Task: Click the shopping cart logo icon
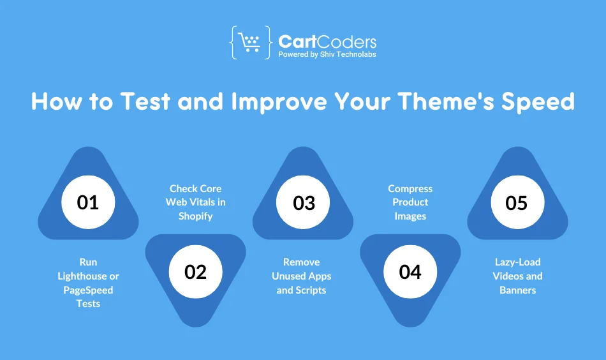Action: tap(249, 43)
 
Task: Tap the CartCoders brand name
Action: tap(327, 42)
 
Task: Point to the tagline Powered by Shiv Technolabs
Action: tap(327, 55)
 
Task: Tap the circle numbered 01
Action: tap(88, 202)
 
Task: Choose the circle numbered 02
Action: tap(195, 271)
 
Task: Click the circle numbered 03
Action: tap(304, 202)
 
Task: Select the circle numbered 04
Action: tap(410, 271)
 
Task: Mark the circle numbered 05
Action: tap(517, 202)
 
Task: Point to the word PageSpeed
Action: tap(88, 290)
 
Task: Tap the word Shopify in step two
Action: tap(195, 216)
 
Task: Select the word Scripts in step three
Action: tap(311, 290)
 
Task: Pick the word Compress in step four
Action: tap(410, 189)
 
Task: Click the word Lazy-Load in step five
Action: tap(517, 262)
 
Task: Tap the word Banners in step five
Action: tap(517, 290)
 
